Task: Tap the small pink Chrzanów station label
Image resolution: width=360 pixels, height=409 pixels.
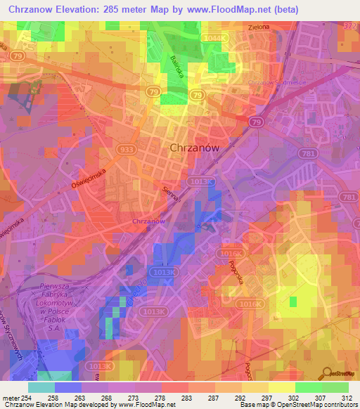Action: point(148,221)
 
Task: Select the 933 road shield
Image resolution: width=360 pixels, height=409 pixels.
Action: point(127,150)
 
